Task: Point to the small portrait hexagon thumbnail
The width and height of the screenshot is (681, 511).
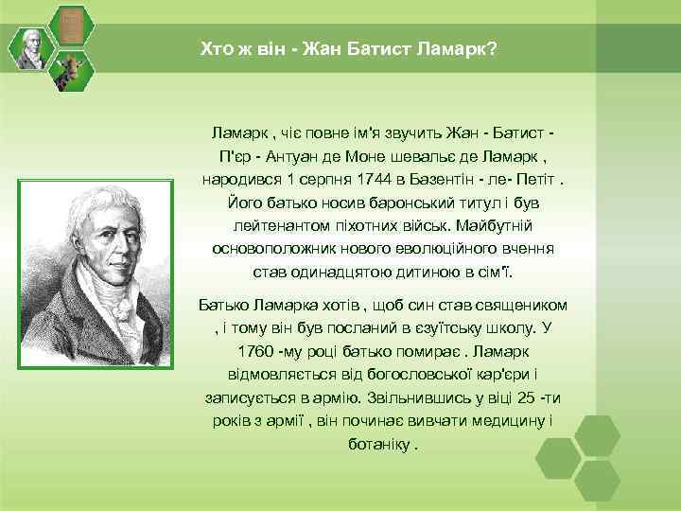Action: pos(31,48)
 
